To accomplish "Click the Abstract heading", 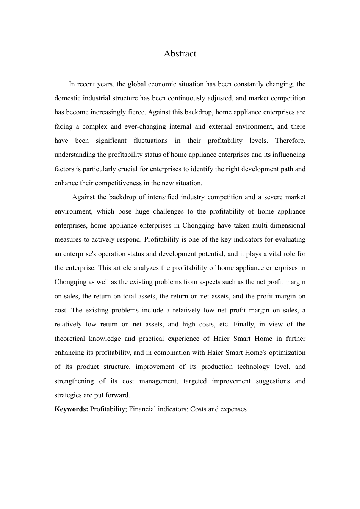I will coord(180,53).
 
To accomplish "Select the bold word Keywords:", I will coord(71,409).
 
